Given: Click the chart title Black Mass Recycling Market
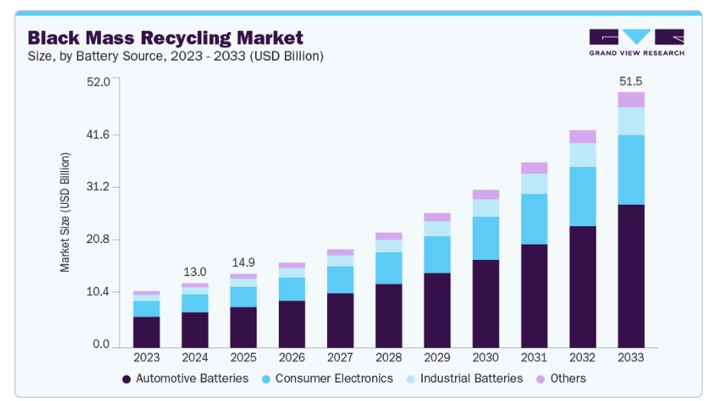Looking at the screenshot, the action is pos(165,38).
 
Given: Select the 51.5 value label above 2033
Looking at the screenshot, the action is pos(631,81).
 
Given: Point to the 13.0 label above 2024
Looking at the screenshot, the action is pos(195,272).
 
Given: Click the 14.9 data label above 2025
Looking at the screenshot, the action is pos(243,262).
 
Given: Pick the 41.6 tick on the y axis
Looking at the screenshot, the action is pos(98,135).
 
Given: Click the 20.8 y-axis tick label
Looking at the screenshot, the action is pos(98,239).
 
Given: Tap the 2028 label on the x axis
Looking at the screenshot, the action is pos(388,357).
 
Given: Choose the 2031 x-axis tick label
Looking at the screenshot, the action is pos(534,357).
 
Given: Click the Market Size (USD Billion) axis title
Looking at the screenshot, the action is pos(65,212).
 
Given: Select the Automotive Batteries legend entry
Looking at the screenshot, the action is pos(185,378).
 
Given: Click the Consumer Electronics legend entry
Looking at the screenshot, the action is pos(327,378).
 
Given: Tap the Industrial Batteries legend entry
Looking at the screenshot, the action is pos(465,378).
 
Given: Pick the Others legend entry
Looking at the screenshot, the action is pos(561,378).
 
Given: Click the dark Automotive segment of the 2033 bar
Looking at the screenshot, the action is pos(631,276).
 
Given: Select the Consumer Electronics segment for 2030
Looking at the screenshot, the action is pos(486,238).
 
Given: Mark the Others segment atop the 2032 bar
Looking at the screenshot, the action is pos(583,136).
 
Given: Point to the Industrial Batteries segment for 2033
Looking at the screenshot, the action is pos(631,121).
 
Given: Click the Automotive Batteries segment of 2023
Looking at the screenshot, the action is pos(146,332).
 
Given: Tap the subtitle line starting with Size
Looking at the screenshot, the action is pos(175,56).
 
